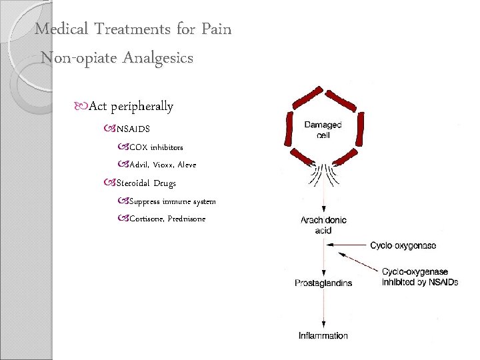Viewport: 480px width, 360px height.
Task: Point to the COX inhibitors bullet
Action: tap(155, 147)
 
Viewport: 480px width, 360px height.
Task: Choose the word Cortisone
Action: tap(149, 219)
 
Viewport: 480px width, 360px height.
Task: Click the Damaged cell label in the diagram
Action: tap(323, 129)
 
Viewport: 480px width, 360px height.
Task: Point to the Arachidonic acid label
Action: tap(323, 225)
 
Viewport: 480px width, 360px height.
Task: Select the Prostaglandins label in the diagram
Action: tap(323, 283)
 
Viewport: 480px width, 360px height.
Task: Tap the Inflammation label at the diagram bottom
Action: tap(323, 335)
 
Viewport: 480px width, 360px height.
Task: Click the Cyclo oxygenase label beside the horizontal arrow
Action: tap(403, 245)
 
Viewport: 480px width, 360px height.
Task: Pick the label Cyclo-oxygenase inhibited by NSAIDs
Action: tap(420, 277)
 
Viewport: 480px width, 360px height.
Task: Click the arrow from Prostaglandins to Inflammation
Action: tap(323, 308)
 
